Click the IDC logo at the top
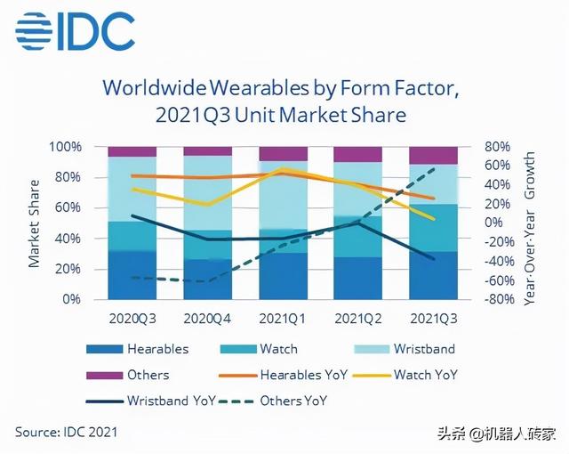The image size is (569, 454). pos(75,34)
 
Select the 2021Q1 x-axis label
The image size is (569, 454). pos(283,318)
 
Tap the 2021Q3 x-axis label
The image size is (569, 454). pos(433,318)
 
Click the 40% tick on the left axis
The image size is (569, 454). pos(68,239)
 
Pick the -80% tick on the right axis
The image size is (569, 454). pos(498,300)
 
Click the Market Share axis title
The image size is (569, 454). pos(35,223)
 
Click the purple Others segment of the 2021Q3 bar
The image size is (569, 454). pos(433,155)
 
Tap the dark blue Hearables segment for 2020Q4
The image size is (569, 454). pos(207,280)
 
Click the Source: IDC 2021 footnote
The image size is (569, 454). pos(66,432)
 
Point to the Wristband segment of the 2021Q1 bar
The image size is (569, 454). pos(283,195)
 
